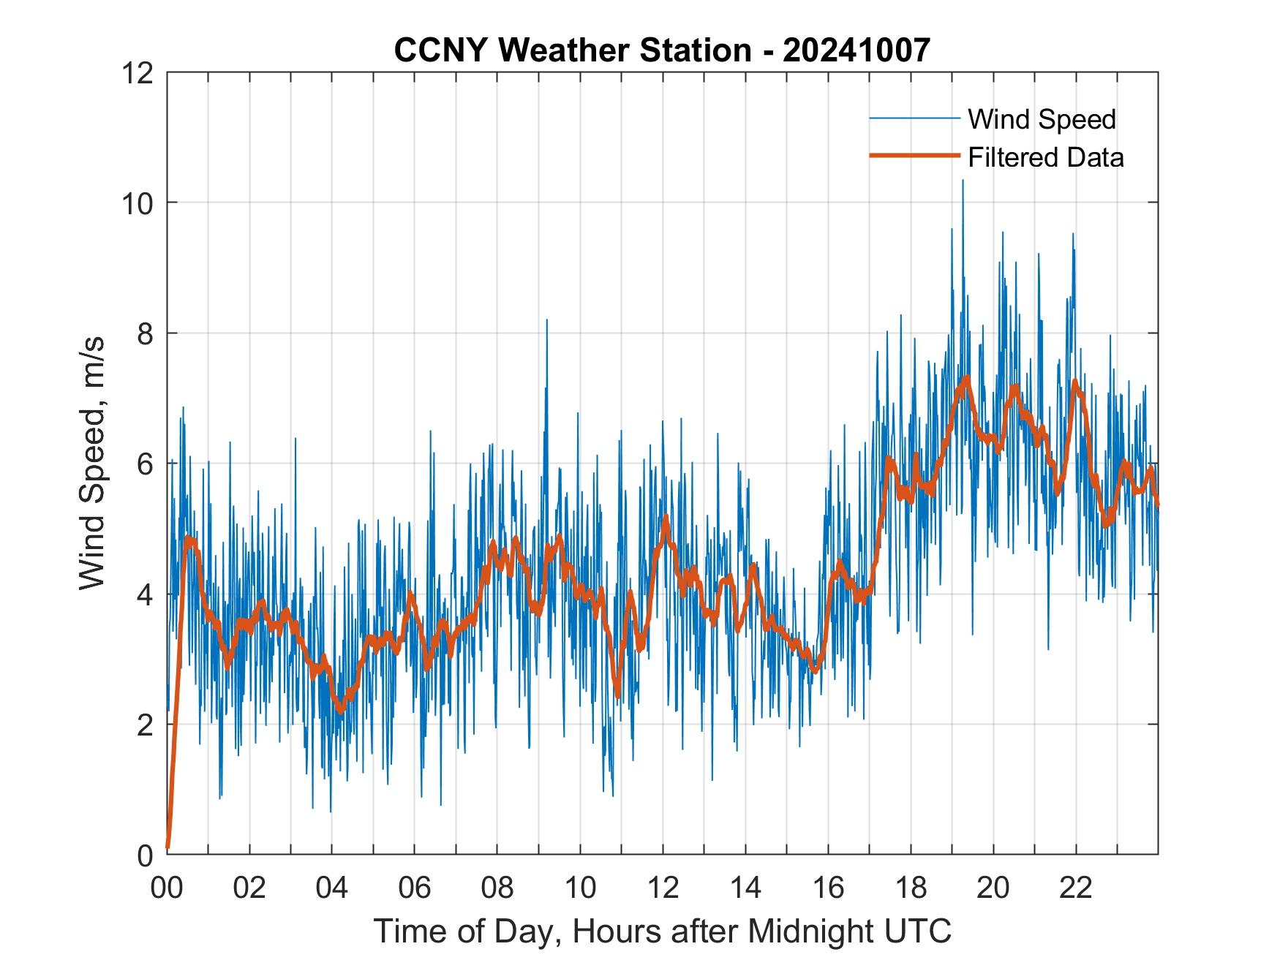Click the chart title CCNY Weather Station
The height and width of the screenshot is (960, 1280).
click(572, 50)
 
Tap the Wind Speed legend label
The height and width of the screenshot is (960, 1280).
click(1042, 119)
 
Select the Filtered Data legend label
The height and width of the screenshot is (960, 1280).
click(1045, 157)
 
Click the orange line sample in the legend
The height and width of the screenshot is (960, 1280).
click(914, 156)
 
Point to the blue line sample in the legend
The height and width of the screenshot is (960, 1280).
click(914, 118)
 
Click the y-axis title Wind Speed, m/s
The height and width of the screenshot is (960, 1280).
click(92, 463)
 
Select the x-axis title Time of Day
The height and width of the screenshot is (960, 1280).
click(662, 931)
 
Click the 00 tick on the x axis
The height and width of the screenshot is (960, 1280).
click(167, 888)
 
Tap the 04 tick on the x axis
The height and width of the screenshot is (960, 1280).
click(332, 888)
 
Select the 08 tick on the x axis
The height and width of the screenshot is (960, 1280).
click(497, 888)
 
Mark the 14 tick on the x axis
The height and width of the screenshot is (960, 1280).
click(745, 888)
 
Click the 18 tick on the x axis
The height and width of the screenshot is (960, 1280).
click(911, 888)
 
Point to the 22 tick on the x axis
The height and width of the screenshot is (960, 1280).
click(1076, 888)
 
